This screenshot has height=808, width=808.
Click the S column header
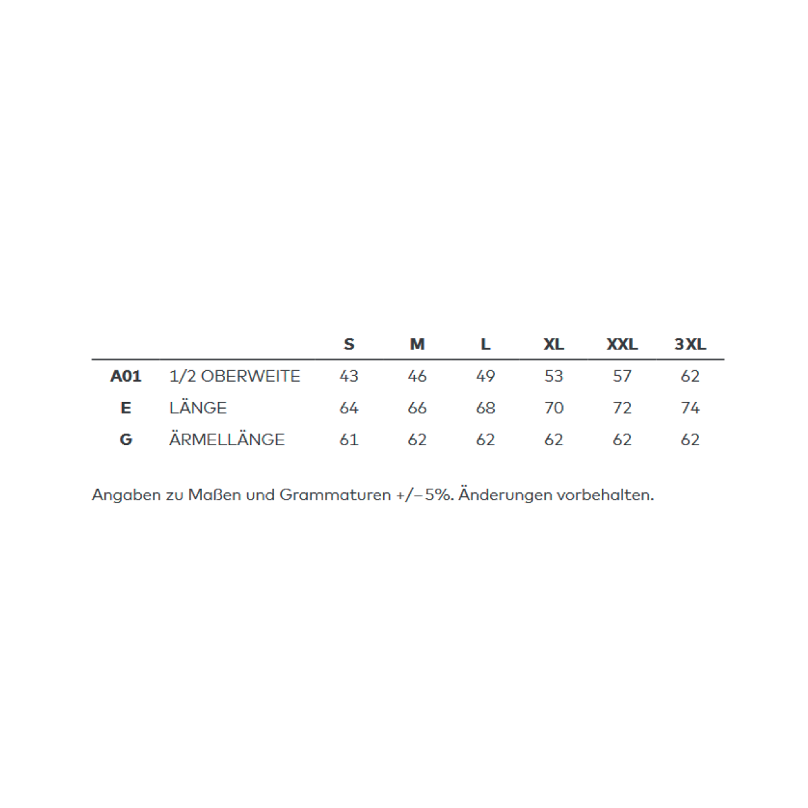tap(349, 345)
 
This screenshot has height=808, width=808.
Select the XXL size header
tap(621, 345)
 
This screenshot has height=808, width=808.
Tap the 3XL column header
tap(690, 345)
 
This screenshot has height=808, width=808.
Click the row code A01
tap(126, 376)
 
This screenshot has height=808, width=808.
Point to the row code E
tap(126, 408)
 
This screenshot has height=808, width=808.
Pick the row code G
tap(126, 440)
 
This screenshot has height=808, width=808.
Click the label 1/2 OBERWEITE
tap(234, 376)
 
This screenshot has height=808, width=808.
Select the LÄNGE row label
tap(198, 408)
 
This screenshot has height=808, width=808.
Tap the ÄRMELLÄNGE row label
tap(227, 440)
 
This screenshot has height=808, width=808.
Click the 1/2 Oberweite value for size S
tap(349, 376)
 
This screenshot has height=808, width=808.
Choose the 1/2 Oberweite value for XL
tap(553, 376)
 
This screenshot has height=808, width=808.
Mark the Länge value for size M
tap(417, 408)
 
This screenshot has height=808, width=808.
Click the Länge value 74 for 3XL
tap(690, 408)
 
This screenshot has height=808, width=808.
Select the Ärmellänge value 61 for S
tap(349, 440)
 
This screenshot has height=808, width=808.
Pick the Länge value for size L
tap(485, 408)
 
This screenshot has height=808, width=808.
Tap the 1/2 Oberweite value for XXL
tap(621, 376)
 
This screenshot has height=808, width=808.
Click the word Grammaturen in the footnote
tap(335, 496)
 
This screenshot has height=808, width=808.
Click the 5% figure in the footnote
tap(440, 496)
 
